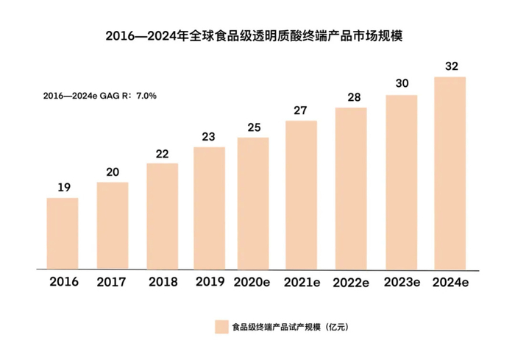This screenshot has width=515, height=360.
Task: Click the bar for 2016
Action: pyautogui.click(x=63, y=233)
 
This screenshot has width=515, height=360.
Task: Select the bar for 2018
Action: pyautogui.click(x=163, y=216)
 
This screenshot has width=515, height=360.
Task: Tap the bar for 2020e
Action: pyautogui.click(x=252, y=203)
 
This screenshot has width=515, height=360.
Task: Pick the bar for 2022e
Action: pyautogui.click(x=351, y=188)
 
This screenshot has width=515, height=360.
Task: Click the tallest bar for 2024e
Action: pyautogui.click(x=450, y=172)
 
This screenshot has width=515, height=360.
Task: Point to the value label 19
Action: pyautogui.click(x=63, y=187)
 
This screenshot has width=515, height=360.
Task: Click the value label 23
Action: pyautogui.click(x=209, y=136)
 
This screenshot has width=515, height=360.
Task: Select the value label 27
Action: pyautogui.click(x=301, y=110)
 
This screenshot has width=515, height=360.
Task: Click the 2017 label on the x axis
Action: pyautogui.click(x=113, y=282)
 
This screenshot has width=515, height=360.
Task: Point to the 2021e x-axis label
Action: pyautogui.click(x=302, y=282)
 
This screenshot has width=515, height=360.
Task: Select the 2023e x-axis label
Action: pyautogui.click(x=402, y=282)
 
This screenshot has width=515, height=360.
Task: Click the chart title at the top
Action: pyautogui.click(x=257, y=34)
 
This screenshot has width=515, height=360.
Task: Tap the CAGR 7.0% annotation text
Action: pyautogui.click(x=99, y=96)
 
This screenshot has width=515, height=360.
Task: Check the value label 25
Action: pyautogui.click(x=253, y=127)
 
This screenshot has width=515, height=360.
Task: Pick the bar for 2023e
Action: pyautogui.click(x=401, y=181)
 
